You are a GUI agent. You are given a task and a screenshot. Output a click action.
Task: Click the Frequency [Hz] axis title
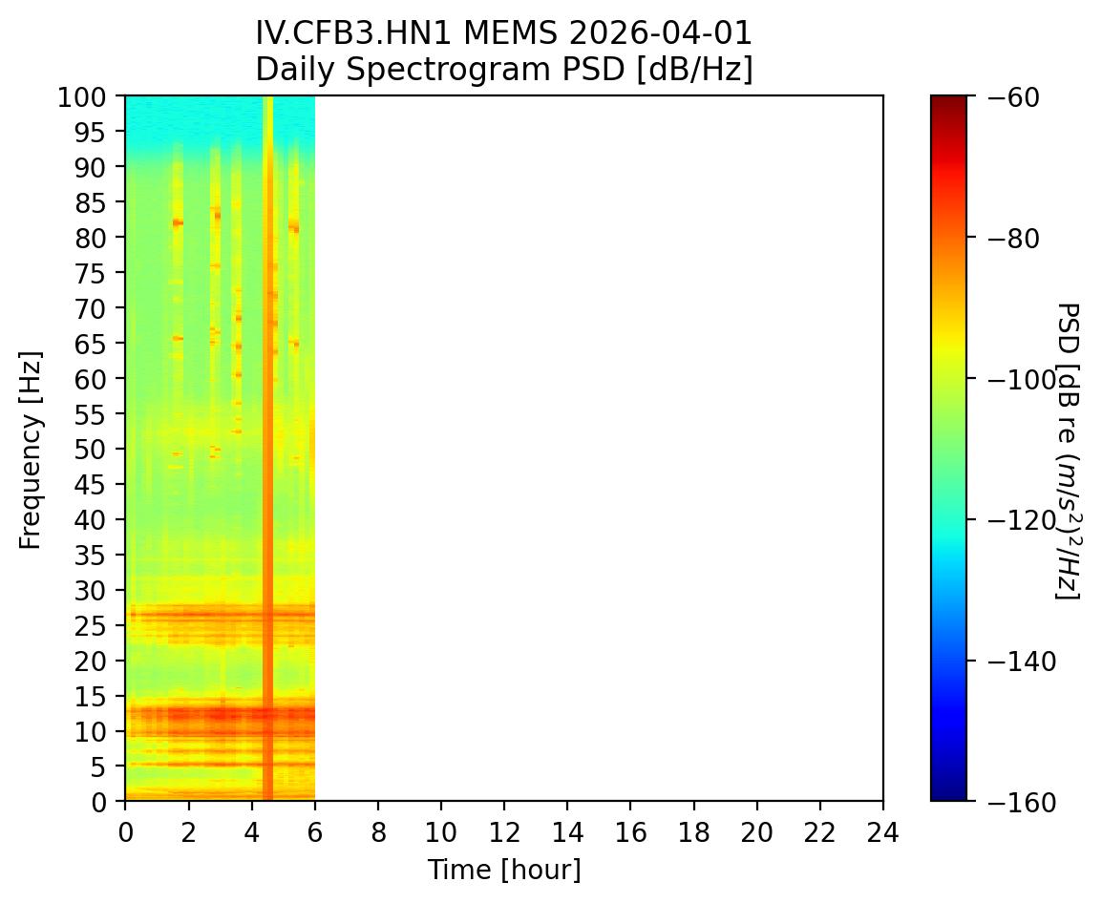tap(32, 449)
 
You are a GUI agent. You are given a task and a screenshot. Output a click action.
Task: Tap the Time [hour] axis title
tap(503, 870)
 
